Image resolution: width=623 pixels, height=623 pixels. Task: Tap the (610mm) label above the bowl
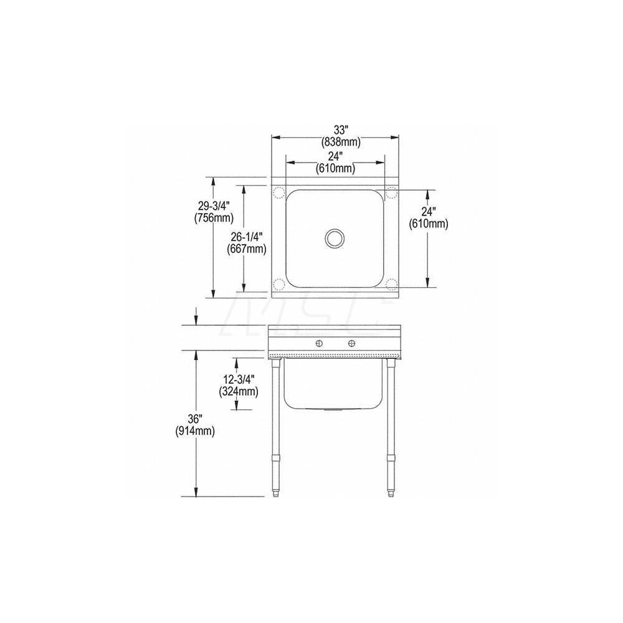[x=334, y=168]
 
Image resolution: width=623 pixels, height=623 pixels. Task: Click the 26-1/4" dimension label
[x=247, y=237]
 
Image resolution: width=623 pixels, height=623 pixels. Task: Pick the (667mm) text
[x=247, y=249]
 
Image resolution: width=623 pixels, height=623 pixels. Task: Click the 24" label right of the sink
[x=428, y=212]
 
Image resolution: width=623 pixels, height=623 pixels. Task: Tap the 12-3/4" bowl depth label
[x=238, y=379]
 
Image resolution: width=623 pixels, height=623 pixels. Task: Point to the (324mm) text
[x=238, y=391]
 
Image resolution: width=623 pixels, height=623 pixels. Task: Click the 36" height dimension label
[x=196, y=419]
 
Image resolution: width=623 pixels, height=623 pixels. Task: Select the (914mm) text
[x=196, y=430]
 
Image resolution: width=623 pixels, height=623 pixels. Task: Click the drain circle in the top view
[x=335, y=237]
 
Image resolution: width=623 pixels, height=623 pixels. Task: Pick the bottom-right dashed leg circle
[x=391, y=285]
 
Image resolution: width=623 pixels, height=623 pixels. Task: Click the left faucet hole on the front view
[x=318, y=343]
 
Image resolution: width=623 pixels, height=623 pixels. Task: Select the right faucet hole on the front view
[x=352, y=343]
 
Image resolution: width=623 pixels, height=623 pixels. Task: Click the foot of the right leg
[x=391, y=495]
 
